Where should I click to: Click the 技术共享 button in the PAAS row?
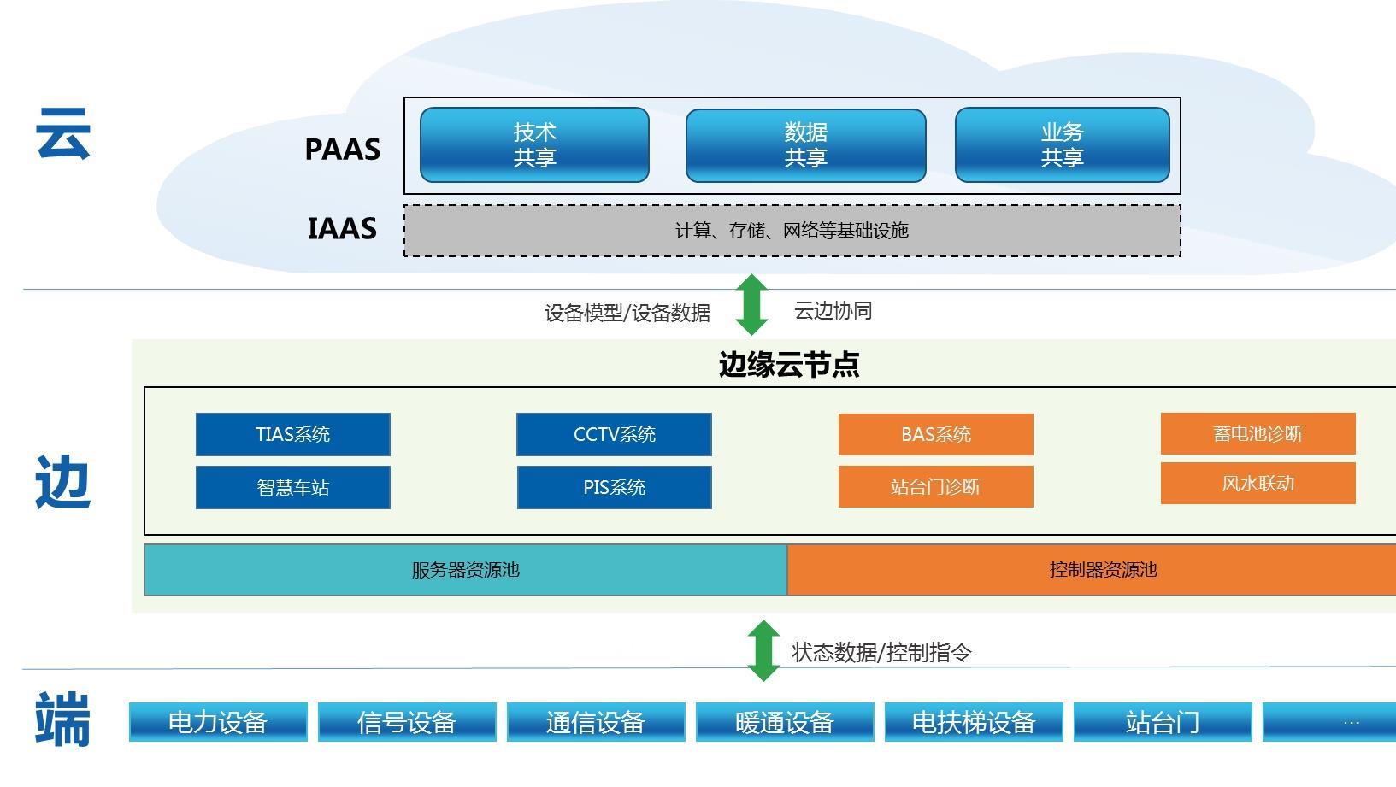point(534,145)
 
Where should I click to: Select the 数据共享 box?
point(805,145)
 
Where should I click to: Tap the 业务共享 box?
point(1062,145)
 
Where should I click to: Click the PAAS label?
point(342,150)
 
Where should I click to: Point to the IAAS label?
point(342,229)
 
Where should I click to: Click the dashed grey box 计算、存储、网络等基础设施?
point(792,231)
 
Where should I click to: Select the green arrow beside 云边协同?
point(751,305)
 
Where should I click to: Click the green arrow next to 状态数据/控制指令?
point(763,651)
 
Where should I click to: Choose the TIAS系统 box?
point(292,435)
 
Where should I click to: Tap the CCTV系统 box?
point(614,435)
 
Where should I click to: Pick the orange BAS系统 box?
point(935,435)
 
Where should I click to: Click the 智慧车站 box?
point(292,487)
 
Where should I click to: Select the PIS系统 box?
point(614,487)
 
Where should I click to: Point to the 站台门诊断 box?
point(935,487)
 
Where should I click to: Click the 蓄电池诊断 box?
point(1258,434)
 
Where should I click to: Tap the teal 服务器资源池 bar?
point(465,570)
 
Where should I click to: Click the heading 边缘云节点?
point(788,365)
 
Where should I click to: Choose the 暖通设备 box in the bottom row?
point(784,723)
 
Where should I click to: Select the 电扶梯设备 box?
point(973,723)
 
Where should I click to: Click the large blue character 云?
point(63,134)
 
